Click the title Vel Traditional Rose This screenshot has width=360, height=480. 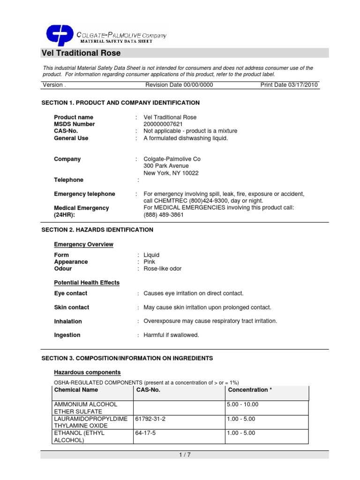coord(81,53)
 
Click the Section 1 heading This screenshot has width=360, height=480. coord(120,103)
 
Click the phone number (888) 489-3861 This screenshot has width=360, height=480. coord(164,215)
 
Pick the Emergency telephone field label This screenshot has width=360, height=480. coord(84,194)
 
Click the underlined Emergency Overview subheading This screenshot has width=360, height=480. coord(83,245)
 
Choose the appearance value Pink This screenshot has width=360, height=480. coord(149,262)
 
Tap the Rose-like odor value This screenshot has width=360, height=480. coord(162,269)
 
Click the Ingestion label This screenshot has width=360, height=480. coord(67,335)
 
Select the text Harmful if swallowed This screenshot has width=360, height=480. coord(171,335)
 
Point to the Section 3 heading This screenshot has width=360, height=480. coord(127,358)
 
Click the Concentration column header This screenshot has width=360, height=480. coord(248,390)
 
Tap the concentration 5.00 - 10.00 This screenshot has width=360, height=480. coord(242,405)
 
